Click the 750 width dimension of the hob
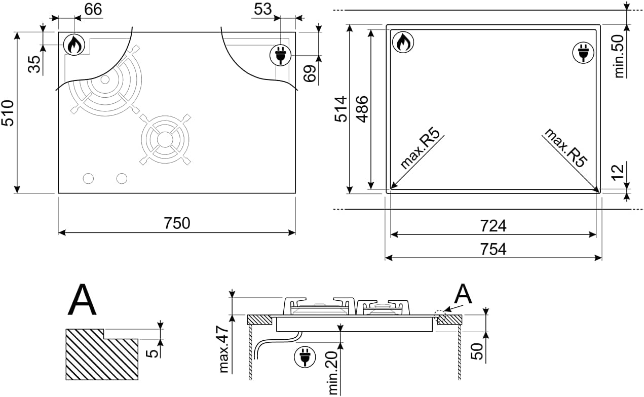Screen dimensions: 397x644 [x=177, y=223]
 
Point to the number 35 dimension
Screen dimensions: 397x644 [x=34, y=64]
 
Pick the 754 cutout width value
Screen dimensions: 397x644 [x=494, y=249]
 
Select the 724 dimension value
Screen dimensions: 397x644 [x=494, y=225]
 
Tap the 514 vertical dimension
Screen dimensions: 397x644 [x=341, y=109]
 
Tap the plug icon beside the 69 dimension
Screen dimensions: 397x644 [x=279, y=55]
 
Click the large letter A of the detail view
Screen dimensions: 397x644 [x=82, y=301]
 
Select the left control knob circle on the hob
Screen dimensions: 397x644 [x=89, y=178]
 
